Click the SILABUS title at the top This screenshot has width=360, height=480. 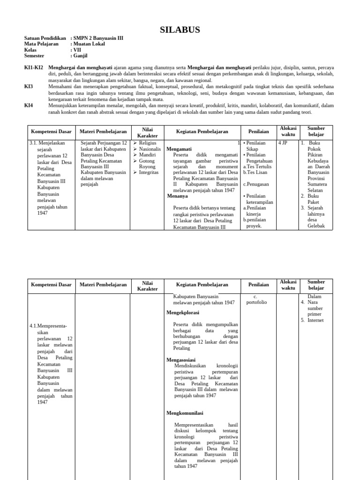[x=180, y=30]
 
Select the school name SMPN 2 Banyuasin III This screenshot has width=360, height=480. [x=98, y=38]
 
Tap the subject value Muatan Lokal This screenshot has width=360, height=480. [x=89, y=44]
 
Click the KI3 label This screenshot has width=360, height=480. [x=29, y=87]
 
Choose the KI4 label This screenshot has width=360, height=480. [x=29, y=105]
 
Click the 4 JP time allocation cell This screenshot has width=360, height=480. [x=283, y=143]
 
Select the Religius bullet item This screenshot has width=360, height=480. [x=148, y=143]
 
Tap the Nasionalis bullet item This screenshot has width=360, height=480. [x=150, y=149]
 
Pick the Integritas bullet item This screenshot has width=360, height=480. [x=149, y=172]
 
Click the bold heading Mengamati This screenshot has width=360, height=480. [x=179, y=149]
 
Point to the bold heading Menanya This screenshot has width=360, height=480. [x=177, y=196]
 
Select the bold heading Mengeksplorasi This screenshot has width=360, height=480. [x=183, y=312]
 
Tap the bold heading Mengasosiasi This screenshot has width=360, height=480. [x=182, y=360]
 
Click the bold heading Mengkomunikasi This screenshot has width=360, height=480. [x=185, y=413]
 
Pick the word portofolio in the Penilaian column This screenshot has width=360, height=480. [x=256, y=302]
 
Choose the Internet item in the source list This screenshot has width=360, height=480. [x=315, y=320]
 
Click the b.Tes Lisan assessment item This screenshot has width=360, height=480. [x=255, y=172]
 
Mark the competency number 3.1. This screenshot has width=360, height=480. [x=33, y=143]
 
